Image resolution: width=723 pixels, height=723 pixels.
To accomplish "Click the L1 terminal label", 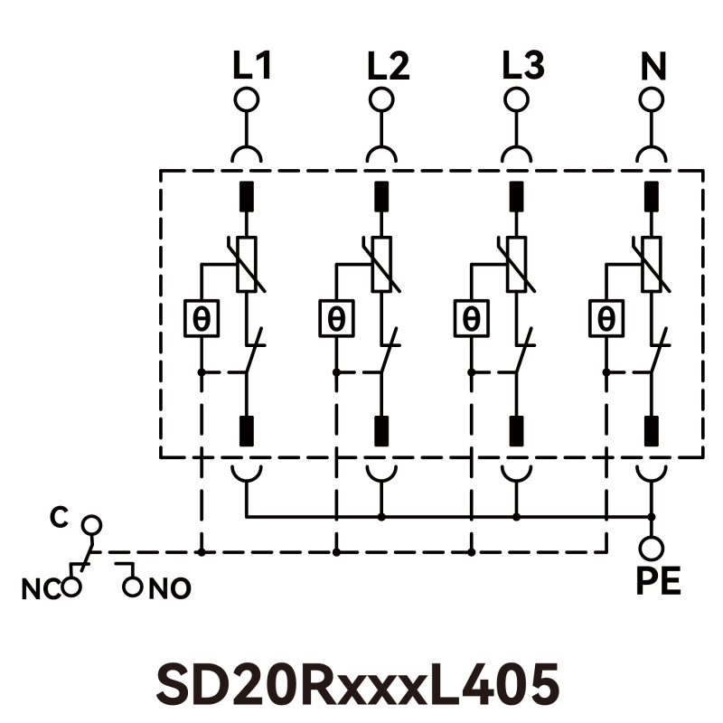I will pyautogui.click(x=252, y=66).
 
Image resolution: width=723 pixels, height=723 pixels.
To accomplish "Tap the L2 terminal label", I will pyautogui.click(x=388, y=66).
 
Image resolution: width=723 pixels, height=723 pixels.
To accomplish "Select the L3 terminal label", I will pyautogui.click(x=523, y=66).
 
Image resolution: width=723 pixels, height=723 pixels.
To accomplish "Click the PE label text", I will pyautogui.click(x=657, y=581).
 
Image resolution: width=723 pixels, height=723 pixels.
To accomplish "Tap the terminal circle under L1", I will pyautogui.click(x=246, y=99).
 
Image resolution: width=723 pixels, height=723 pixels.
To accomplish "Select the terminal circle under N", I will pyautogui.click(x=652, y=99).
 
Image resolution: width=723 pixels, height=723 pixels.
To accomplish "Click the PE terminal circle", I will pyautogui.click(x=652, y=548).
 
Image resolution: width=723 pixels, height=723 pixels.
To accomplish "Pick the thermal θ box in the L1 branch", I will pyautogui.click(x=201, y=318).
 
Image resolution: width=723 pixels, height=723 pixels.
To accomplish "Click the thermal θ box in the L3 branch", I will pyautogui.click(x=471, y=318).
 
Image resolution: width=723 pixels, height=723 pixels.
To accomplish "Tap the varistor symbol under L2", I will pyautogui.click(x=381, y=264).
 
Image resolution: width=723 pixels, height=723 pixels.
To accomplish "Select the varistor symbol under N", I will pyautogui.click(x=652, y=264).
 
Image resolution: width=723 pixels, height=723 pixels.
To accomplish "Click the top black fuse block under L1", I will pyautogui.click(x=246, y=196).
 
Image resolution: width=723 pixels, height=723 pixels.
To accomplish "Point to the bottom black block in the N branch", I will pyautogui.click(x=652, y=429).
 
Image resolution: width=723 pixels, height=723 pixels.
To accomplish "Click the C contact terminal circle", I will pyautogui.click(x=90, y=524).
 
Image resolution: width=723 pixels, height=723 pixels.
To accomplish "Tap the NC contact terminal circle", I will pyautogui.click(x=71, y=588).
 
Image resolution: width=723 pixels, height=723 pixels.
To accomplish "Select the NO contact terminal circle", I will pyautogui.click(x=134, y=588).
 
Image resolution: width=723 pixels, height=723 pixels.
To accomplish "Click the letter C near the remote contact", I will pyautogui.click(x=59, y=518).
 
